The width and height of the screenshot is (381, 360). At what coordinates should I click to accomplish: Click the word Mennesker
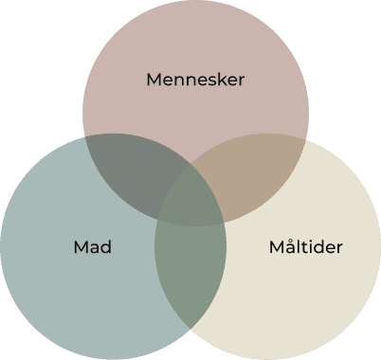(194, 80)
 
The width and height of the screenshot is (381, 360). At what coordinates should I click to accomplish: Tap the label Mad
(93, 247)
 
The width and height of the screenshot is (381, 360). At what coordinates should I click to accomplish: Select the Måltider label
(305, 247)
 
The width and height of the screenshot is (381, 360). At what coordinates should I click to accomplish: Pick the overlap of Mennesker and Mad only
(128, 175)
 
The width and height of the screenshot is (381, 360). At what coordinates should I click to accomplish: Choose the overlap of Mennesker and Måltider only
(256, 175)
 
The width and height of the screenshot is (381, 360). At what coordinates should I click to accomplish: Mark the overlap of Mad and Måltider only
(190, 275)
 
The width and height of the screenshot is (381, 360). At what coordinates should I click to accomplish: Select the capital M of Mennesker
(154, 80)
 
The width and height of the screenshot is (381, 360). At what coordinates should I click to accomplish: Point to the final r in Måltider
(339, 248)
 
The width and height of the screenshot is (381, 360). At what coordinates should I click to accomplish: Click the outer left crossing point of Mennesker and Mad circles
(85, 138)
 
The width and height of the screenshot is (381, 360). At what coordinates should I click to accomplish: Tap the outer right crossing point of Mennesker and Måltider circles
(304, 138)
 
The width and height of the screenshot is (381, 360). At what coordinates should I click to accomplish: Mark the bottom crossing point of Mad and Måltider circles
(191, 328)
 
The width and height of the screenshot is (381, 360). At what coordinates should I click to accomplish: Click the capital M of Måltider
(276, 247)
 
